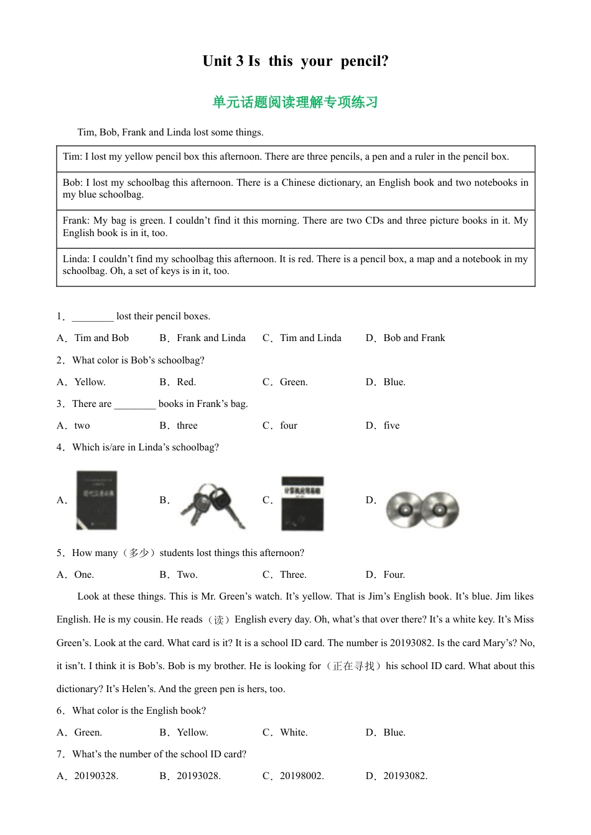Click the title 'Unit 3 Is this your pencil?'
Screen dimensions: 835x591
click(295, 61)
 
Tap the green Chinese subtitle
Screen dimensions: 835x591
click(295, 102)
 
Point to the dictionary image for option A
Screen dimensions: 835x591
click(96, 500)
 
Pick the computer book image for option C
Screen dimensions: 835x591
click(302, 503)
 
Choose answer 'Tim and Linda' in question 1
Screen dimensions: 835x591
click(310, 338)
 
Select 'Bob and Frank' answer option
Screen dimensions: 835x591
click(414, 338)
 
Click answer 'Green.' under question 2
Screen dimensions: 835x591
click(294, 382)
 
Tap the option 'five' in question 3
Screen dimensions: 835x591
click(391, 426)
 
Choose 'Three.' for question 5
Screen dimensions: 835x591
click(293, 575)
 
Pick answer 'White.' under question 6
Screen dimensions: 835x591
click(294, 732)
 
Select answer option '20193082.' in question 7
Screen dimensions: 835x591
click(405, 776)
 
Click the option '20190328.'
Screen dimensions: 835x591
click(96, 776)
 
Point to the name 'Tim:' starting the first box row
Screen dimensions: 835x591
click(72, 157)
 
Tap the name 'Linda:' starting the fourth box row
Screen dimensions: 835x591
click(76, 259)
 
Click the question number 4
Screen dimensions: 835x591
click(60, 447)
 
